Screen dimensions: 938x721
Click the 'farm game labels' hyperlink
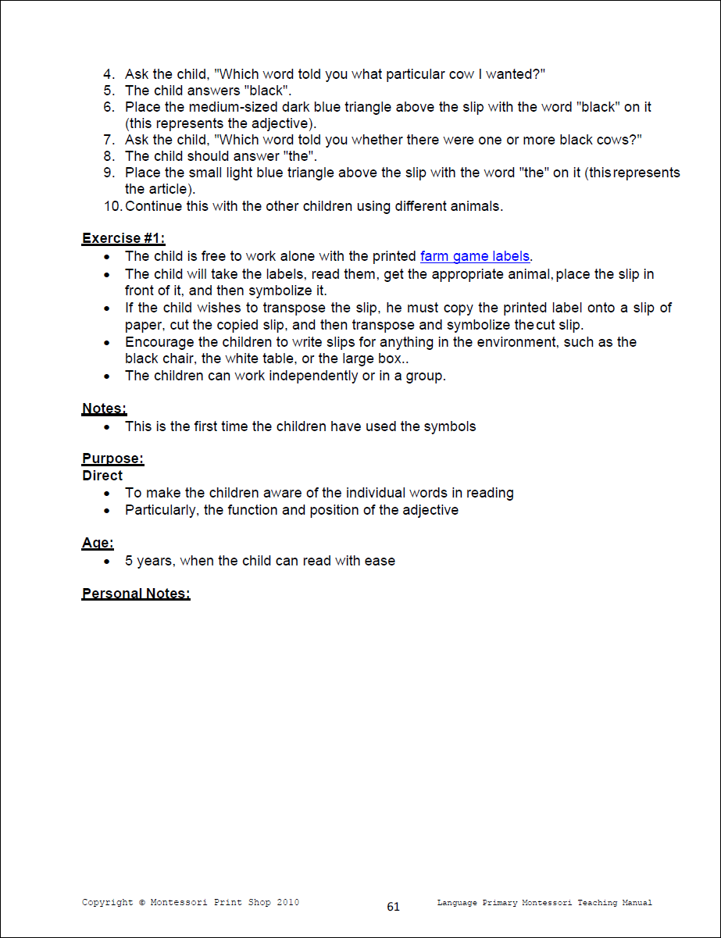475,256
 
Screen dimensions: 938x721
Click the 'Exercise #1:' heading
123,239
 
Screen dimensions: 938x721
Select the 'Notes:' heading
104,408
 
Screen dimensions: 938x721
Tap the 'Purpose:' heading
112,458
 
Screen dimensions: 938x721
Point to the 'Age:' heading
98,544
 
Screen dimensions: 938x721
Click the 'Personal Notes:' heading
136,594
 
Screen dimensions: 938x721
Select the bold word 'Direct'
102,476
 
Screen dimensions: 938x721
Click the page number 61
393,907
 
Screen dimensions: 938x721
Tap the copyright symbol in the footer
142,903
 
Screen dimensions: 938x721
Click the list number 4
109,74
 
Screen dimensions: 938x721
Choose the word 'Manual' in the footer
637,903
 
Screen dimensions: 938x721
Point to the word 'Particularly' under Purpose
161,510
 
